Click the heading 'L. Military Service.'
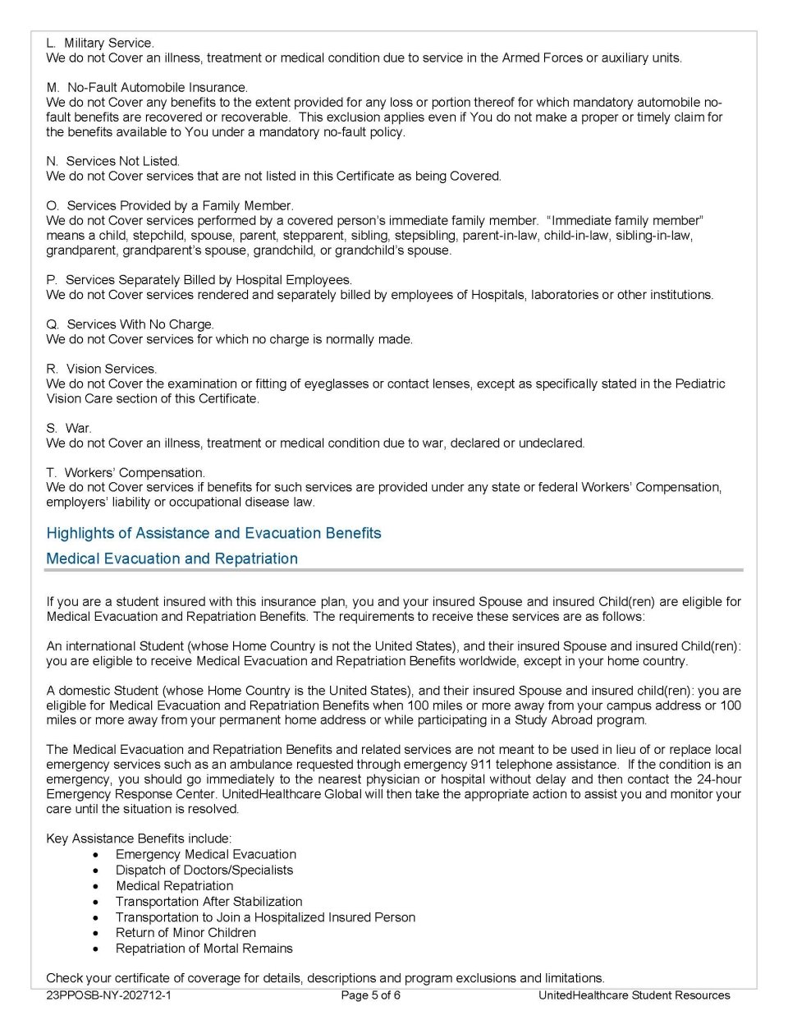pos(100,43)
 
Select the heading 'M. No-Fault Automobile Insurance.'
pos(147,87)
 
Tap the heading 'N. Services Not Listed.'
pos(113,161)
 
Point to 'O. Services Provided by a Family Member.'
pos(170,205)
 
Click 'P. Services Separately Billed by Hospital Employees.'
pos(199,280)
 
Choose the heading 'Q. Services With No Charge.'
pos(130,324)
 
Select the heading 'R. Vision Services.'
pos(102,369)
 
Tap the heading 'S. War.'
pos(69,428)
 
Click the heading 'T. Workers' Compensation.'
pos(126,472)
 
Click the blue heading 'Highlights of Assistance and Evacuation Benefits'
pos(213,533)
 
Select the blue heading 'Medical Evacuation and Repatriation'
pos(172,558)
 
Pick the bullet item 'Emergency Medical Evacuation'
pos(205,854)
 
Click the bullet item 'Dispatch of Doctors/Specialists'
pos(204,870)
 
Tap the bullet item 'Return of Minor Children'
pos(186,932)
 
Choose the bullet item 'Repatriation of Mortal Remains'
pos(204,948)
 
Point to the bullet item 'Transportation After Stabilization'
pos(208,901)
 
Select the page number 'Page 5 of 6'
pos(370,995)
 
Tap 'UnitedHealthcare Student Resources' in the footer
pos(634,995)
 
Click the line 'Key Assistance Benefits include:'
pos(139,839)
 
